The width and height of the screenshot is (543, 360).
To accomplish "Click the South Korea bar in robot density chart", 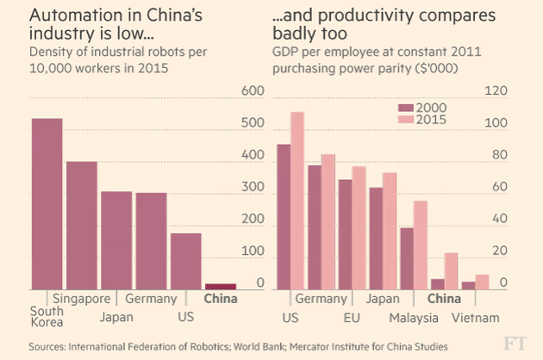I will [x=47, y=204].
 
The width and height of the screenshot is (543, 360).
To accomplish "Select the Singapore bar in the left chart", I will [x=82, y=226].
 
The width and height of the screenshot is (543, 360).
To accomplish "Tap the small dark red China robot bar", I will [x=220, y=286].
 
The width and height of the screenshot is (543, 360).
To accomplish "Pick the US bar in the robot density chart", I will [x=185, y=261].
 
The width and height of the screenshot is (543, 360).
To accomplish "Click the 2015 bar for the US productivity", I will [x=297, y=201].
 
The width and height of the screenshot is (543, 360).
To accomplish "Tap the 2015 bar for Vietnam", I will [x=482, y=282].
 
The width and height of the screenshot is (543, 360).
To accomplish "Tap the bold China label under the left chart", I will [x=220, y=300].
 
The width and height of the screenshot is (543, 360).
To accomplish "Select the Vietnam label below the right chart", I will [x=476, y=317].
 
